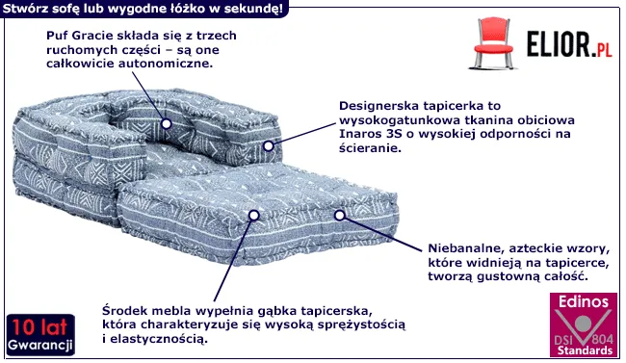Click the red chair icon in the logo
(493, 43)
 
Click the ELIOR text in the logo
(558, 44)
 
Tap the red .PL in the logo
(602, 49)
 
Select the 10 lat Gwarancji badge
(40, 335)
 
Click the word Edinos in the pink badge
(584, 302)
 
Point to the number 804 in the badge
(602, 340)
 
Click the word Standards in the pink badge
(585, 350)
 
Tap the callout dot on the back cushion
(167, 124)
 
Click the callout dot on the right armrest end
(269, 146)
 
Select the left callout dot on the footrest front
(254, 216)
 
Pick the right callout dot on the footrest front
(340, 216)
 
